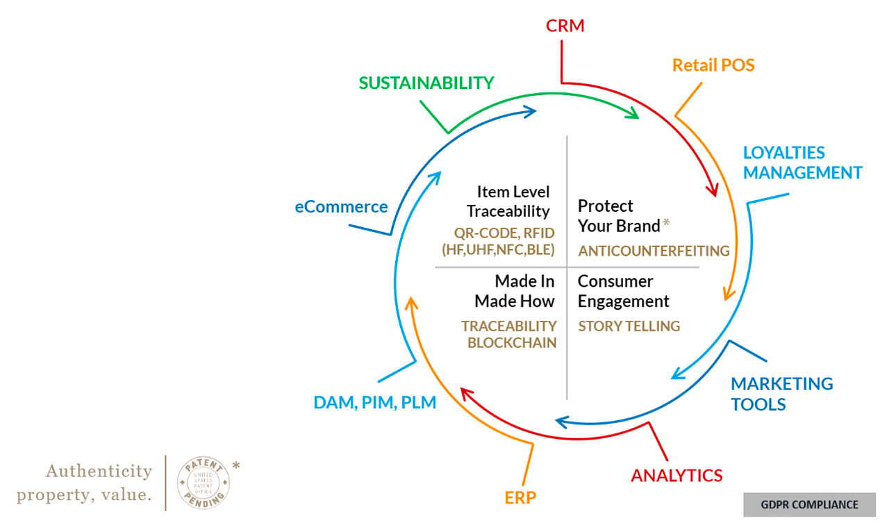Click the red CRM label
565,26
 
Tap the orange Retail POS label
713,65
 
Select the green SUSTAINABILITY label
426,83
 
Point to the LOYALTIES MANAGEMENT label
802,163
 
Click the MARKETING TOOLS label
781,394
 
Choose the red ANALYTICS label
676,476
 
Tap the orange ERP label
521,497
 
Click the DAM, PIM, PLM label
374,401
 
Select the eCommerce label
341,206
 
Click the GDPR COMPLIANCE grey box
809,505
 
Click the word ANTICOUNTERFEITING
654,251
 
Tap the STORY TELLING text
629,326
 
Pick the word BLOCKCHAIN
512,342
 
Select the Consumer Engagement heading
623,291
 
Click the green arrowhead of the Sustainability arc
632,113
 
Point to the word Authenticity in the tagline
99,471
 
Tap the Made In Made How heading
515,291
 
